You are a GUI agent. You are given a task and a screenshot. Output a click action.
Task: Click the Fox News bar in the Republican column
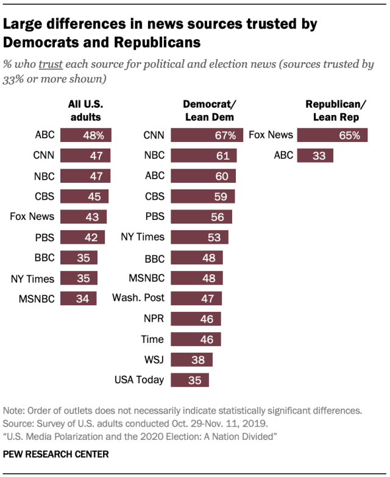pyautogui.click(x=333, y=135)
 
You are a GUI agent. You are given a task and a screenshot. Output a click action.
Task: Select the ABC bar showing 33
pyautogui.click(x=316, y=156)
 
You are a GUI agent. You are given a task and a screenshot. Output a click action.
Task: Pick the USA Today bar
pyautogui.click(x=190, y=380)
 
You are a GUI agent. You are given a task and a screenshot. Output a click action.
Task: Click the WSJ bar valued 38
pyautogui.click(x=192, y=359)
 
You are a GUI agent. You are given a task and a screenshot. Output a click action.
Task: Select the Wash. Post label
pyautogui.click(x=138, y=298)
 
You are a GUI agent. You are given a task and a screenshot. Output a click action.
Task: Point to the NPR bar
pyautogui.click(x=196, y=319)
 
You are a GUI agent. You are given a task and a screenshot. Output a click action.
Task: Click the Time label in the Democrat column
pyautogui.click(x=152, y=339)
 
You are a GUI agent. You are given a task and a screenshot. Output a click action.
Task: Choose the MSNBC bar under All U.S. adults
pyautogui.click(x=79, y=299)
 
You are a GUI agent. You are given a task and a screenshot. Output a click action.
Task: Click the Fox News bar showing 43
pyautogui.click(x=83, y=217)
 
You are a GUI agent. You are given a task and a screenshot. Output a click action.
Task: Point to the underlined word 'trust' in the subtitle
pyautogui.click(x=51, y=64)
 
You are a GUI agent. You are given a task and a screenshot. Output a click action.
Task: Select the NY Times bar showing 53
pyautogui.click(x=200, y=237)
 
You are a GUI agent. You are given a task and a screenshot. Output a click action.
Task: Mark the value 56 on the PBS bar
pyautogui.click(x=216, y=217)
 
